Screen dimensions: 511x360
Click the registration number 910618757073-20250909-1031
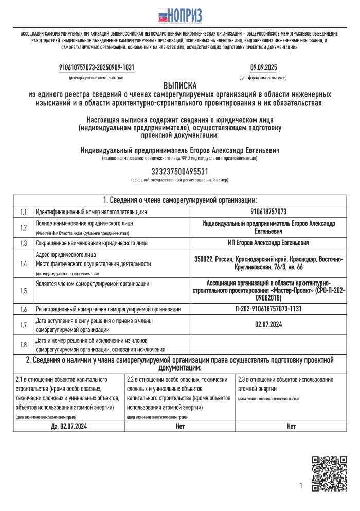pos(97,67)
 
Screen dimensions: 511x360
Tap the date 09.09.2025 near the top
pos(263,67)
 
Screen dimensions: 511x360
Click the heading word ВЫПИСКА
pos(180,85)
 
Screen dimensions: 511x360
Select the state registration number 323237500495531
pos(180,171)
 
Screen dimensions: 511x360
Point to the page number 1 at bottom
pos(301,485)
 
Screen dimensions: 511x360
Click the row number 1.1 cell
pos(23,212)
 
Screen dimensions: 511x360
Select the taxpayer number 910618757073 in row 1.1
pos(268,212)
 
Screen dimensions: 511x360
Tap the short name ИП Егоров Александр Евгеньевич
pos(268,243)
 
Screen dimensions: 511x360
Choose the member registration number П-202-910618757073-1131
pos(268,309)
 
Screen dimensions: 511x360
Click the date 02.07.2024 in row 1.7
pos(268,324)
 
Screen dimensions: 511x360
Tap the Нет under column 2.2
pos(180,426)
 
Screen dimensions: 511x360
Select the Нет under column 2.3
pos(291,426)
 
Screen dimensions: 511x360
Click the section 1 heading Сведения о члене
pos(180,200)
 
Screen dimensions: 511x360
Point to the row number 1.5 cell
pos(23,291)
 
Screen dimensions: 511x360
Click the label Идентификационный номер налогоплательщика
pos(91,212)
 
